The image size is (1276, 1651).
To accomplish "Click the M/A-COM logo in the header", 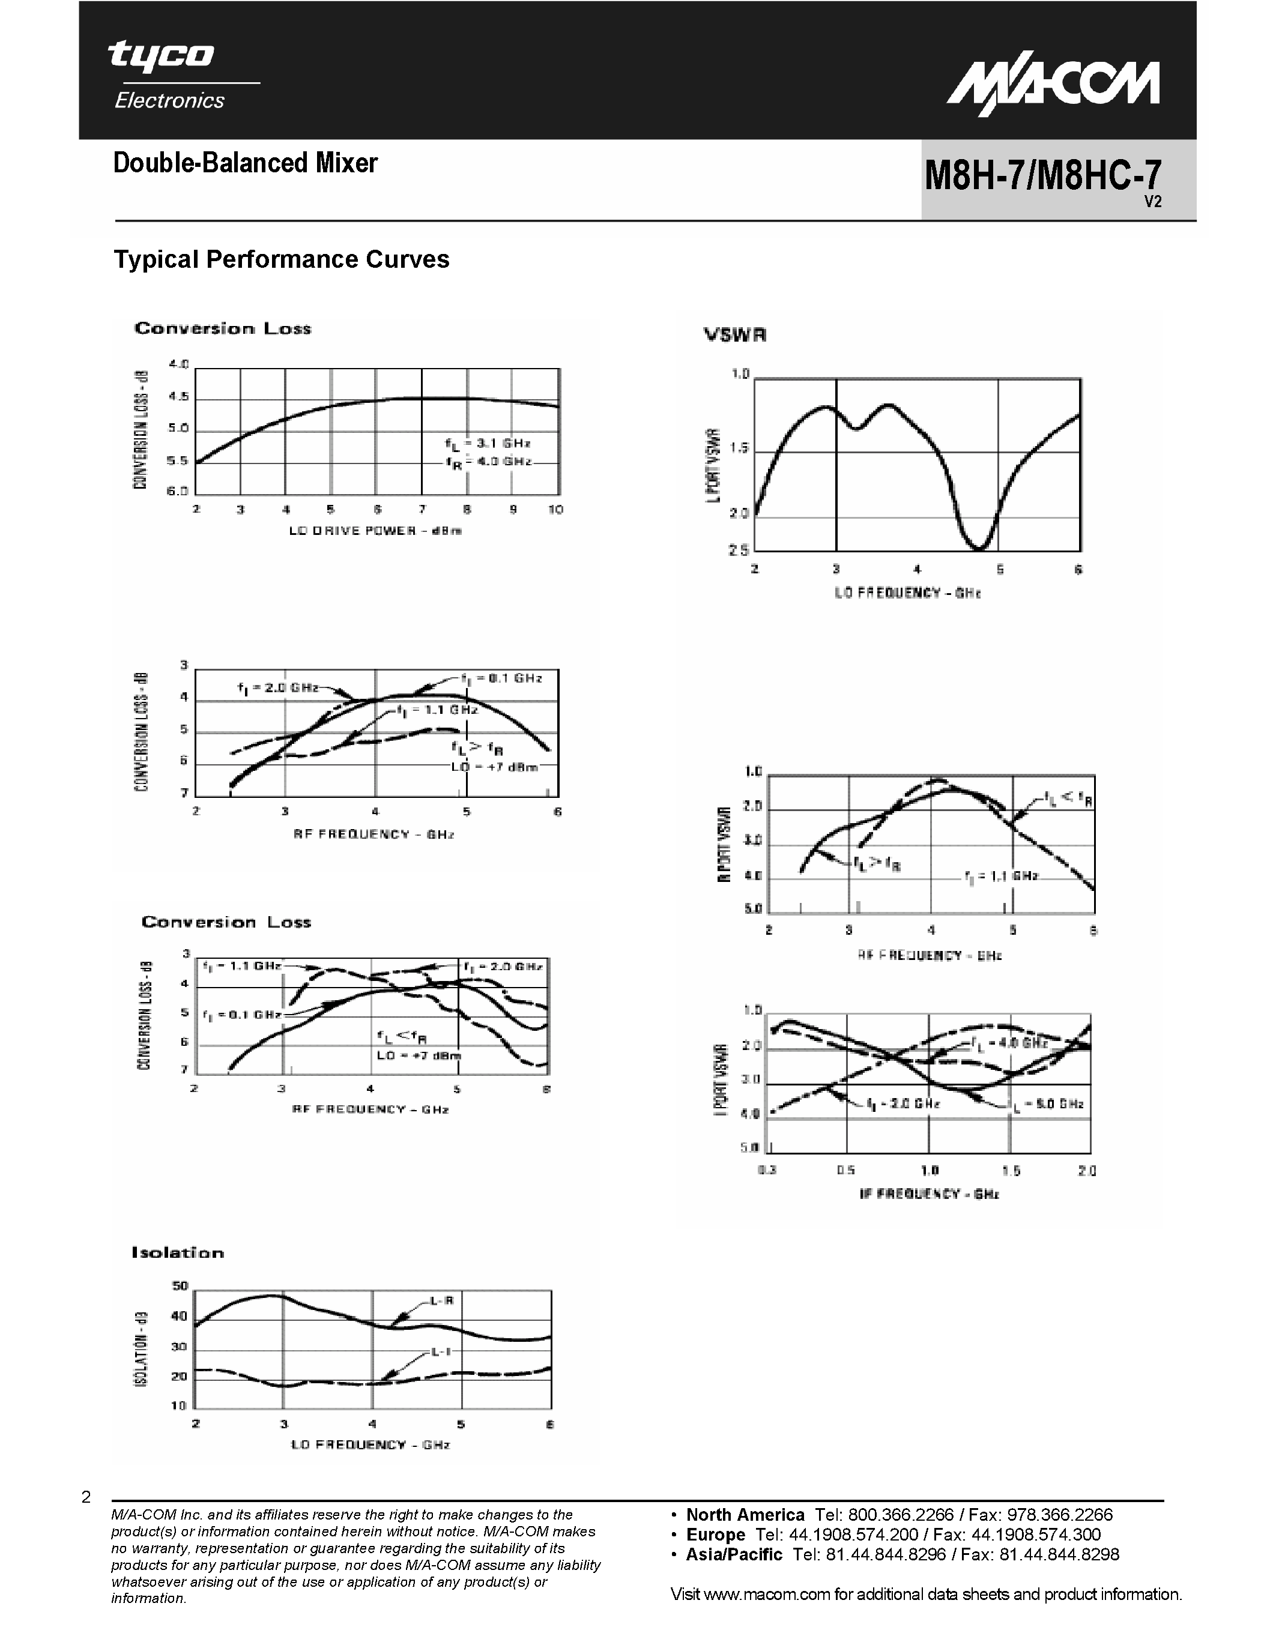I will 1053,87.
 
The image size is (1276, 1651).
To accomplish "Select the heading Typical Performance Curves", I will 281,259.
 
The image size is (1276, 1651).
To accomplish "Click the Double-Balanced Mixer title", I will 245,163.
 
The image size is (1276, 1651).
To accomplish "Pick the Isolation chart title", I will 178,1252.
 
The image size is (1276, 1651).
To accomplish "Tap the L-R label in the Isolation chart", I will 441,1301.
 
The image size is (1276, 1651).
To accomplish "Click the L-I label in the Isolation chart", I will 441,1351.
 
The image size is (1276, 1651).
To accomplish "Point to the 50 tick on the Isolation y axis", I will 180,1286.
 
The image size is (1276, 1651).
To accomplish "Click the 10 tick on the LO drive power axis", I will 555,510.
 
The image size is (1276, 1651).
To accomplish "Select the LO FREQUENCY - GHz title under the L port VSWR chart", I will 907,593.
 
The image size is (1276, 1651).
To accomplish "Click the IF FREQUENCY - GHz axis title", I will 929,1194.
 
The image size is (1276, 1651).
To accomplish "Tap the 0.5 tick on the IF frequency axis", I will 846,1170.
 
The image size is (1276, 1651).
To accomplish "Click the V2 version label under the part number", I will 1152,202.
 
